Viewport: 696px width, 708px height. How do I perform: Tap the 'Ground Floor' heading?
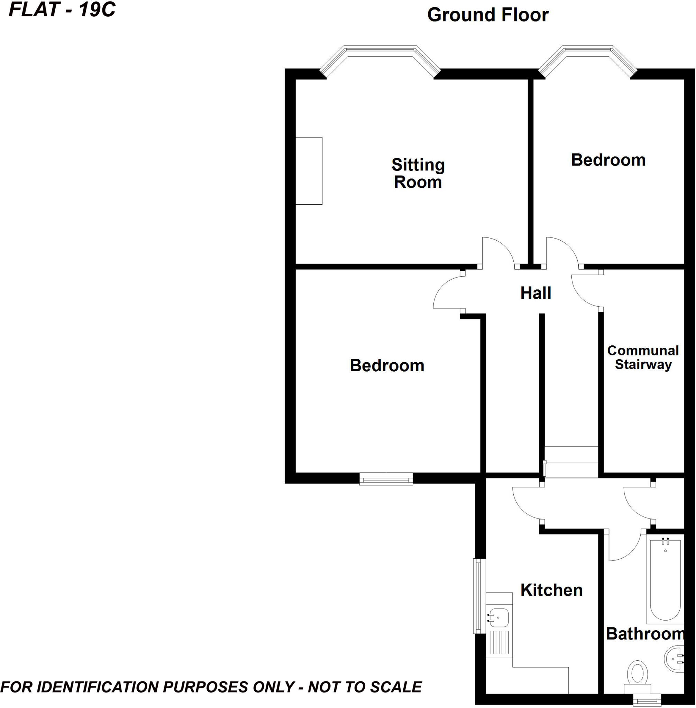pos(488,15)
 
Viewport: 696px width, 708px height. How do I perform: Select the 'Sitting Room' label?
pos(418,173)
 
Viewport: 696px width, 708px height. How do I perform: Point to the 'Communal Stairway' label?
pos(643,357)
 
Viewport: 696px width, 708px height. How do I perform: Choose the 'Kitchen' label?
pos(551,590)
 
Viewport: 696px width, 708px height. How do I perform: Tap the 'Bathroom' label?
pos(645,634)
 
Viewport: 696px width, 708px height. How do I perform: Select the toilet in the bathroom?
pos(637,673)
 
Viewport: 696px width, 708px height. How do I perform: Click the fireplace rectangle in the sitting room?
pos(309,171)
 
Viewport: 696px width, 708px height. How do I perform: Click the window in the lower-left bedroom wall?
pos(386,478)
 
